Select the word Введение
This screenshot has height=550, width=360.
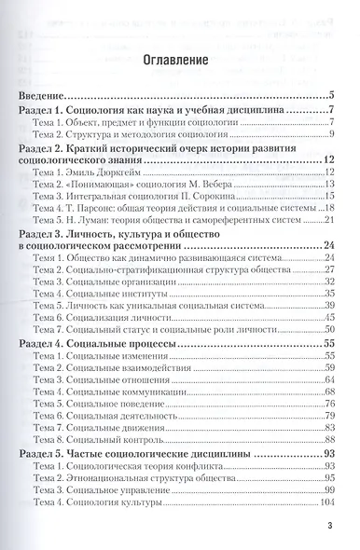pos(48,96)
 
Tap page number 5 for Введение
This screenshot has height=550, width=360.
pos(331,96)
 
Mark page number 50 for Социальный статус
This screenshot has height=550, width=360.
pos(328,330)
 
